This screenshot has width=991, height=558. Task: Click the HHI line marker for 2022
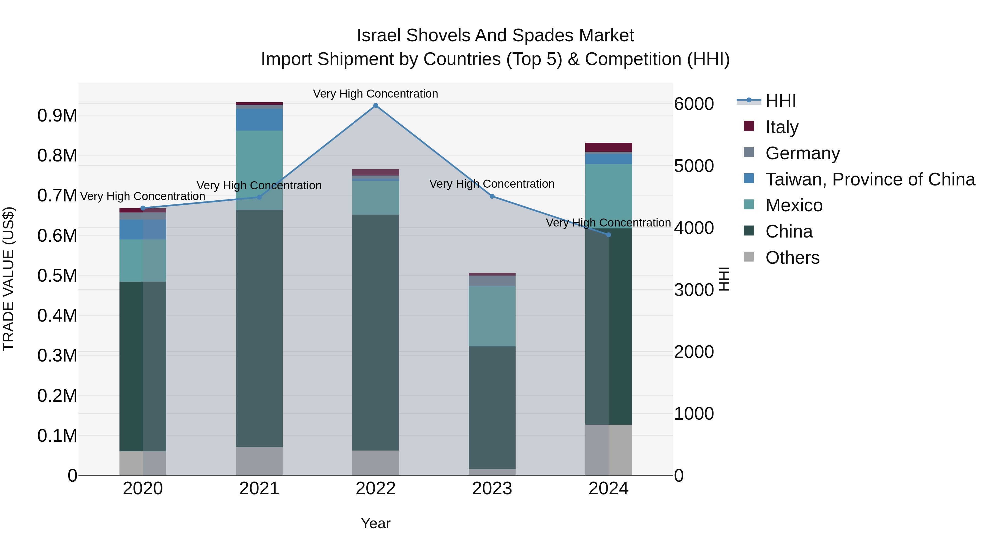[375, 106]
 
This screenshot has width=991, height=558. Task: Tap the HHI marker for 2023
[492, 196]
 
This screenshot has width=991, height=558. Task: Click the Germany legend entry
[802, 153]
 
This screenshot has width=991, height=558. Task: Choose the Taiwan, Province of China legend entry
[870, 179]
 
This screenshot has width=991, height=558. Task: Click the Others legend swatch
[749, 257]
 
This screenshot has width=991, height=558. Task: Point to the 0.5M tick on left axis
[57, 276]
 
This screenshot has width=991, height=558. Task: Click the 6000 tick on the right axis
[694, 104]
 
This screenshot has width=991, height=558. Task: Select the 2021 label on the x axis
[259, 489]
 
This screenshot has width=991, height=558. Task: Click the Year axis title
[375, 523]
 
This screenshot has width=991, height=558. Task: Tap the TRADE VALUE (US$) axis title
[9, 279]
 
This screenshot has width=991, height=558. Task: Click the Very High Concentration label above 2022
[375, 94]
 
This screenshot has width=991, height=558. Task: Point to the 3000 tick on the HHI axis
[694, 290]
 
